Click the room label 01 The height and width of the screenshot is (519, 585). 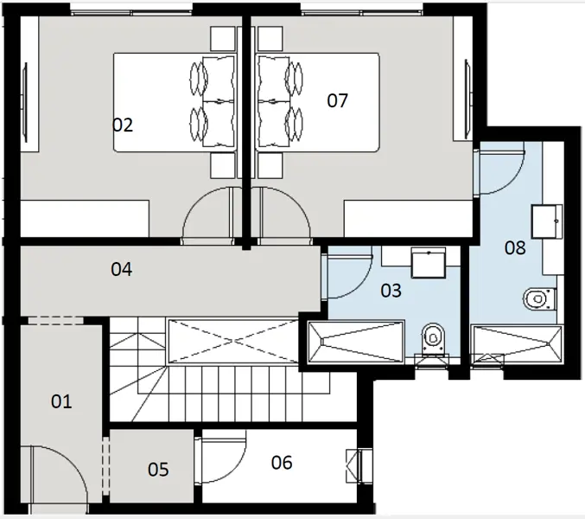point(60,401)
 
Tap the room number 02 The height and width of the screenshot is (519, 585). point(123,125)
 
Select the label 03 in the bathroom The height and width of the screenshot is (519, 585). point(391,291)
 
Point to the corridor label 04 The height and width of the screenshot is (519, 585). point(121,270)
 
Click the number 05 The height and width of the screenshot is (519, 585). point(158,470)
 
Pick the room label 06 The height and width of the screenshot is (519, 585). point(282,463)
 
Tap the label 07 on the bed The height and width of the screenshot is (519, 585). point(337,100)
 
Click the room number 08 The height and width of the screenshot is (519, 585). point(515,248)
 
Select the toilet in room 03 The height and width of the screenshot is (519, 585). point(432,338)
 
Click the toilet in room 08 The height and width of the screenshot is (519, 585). point(537,298)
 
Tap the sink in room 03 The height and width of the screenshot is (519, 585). point(428,262)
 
